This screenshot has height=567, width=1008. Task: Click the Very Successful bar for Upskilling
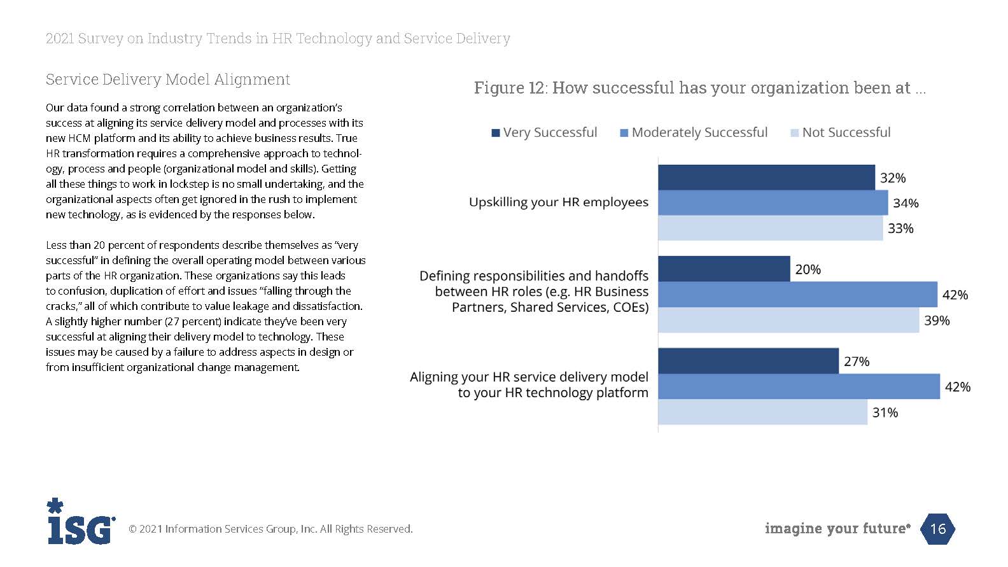click(766, 178)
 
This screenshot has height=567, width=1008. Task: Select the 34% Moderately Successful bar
click(773, 203)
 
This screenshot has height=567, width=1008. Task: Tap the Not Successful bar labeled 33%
click(770, 228)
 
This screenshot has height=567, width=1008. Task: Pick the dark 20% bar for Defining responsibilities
click(724, 269)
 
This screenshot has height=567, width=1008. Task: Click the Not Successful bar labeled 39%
click(788, 320)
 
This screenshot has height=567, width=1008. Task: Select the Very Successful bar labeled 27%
click(748, 361)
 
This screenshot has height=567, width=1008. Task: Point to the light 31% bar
click(762, 412)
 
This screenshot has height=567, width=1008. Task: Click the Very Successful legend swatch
click(496, 133)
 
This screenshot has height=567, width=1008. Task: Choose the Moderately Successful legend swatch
click(624, 133)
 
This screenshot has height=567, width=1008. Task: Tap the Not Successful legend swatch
click(794, 133)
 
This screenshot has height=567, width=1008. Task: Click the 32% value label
click(893, 178)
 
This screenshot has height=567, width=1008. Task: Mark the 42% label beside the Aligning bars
click(958, 387)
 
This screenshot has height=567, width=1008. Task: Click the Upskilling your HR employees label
click(558, 202)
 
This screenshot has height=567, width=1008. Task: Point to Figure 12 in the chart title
click(508, 88)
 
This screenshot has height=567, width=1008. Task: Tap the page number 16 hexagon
click(938, 529)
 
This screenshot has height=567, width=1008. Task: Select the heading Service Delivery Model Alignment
click(168, 80)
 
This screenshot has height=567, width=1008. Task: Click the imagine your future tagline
click(837, 529)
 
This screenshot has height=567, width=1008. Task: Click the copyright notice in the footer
click(270, 529)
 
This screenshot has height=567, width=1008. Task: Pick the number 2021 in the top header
click(60, 39)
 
